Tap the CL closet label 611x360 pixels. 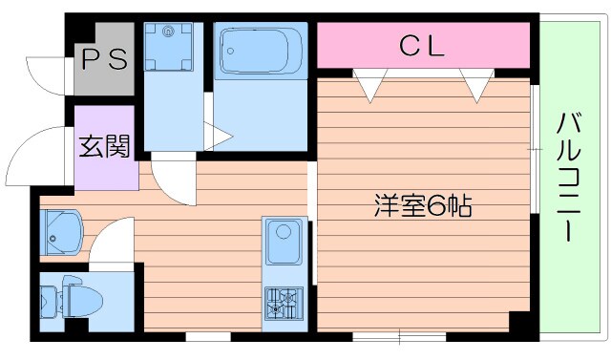(x=421, y=45)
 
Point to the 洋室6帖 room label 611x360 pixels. (x=422, y=206)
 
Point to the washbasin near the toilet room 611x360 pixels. (x=61, y=230)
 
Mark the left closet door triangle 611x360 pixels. (x=369, y=84)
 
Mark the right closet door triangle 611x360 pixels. (x=474, y=84)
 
